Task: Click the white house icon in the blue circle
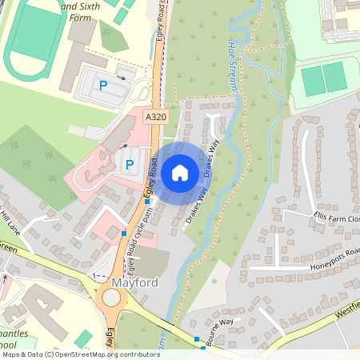pos(180,172)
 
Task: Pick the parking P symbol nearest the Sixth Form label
pos(102,84)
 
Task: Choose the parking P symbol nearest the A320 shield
pos(129,164)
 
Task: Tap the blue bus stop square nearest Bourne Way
pos(197,339)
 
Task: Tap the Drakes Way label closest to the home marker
pos(210,160)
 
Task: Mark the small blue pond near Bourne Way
pos(214,283)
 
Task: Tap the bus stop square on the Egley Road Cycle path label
pos(124,233)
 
